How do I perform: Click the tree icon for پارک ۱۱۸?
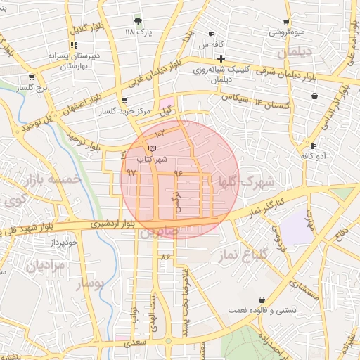coord(138,21)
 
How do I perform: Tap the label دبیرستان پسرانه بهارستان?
coord(56,60)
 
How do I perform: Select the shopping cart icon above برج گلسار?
coord(32,77)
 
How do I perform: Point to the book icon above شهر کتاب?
coord(152,148)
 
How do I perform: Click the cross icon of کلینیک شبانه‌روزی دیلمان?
coord(221,58)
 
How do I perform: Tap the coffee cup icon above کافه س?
coord(212,34)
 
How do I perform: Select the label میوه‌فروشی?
coord(286,32)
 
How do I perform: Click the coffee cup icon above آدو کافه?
coord(313,146)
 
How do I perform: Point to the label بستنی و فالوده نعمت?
coord(267,309)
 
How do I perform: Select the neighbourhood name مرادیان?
coord(45,265)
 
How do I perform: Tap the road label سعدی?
coord(136,344)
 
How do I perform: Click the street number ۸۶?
coord(166,257)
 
